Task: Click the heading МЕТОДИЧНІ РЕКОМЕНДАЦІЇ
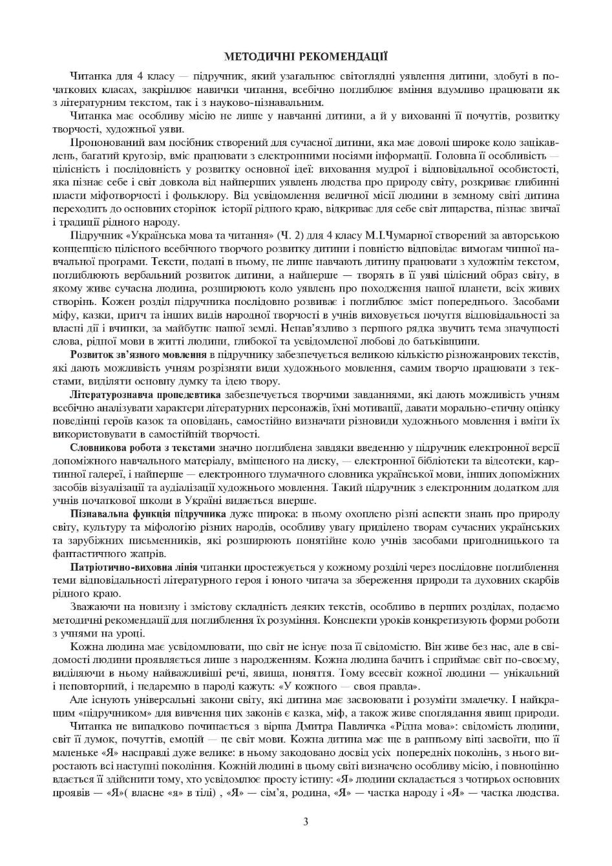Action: pyautogui.click(x=306, y=57)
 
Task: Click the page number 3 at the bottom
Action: pyautogui.click(x=306, y=822)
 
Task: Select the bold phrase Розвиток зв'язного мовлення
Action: pyautogui.click(x=138, y=355)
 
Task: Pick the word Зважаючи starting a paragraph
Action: pyautogui.click(x=93, y=607)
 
